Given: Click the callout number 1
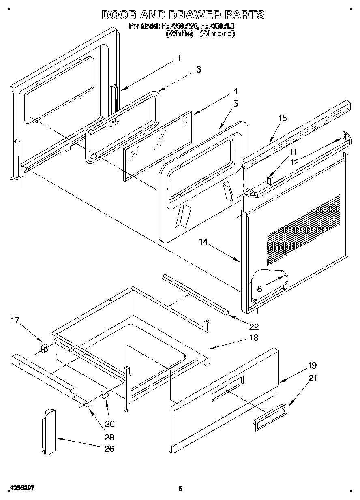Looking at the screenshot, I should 179,58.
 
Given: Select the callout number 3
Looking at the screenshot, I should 198,70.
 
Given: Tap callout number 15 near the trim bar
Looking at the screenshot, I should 282,118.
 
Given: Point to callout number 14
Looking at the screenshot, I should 203,242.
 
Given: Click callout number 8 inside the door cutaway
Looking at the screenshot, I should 259,289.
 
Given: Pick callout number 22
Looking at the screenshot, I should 254,327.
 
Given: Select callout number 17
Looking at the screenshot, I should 15,321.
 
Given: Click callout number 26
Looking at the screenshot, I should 109,449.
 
